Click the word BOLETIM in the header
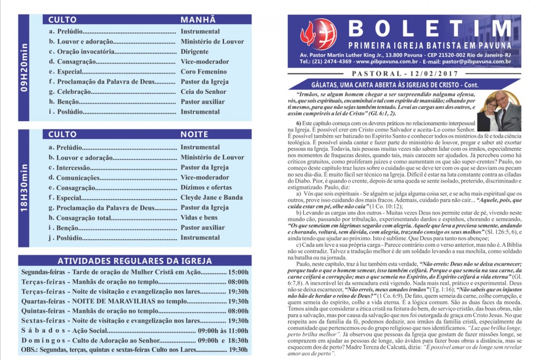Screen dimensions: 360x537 [430, 28]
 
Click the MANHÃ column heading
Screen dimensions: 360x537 [197, 19]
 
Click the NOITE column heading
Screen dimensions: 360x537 [194, 134]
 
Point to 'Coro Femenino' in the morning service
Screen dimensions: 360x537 [204, 72]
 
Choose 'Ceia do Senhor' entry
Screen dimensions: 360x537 [204, 92]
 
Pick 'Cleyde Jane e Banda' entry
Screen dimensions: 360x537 [212, 197]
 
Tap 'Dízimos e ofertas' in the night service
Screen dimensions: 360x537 [206, 187]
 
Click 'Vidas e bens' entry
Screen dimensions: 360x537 [199, 218]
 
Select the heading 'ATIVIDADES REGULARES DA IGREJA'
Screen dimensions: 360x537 [134, 261]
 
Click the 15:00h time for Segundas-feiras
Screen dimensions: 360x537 [238, 272]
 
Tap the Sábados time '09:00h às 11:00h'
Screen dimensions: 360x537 [223, 330]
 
